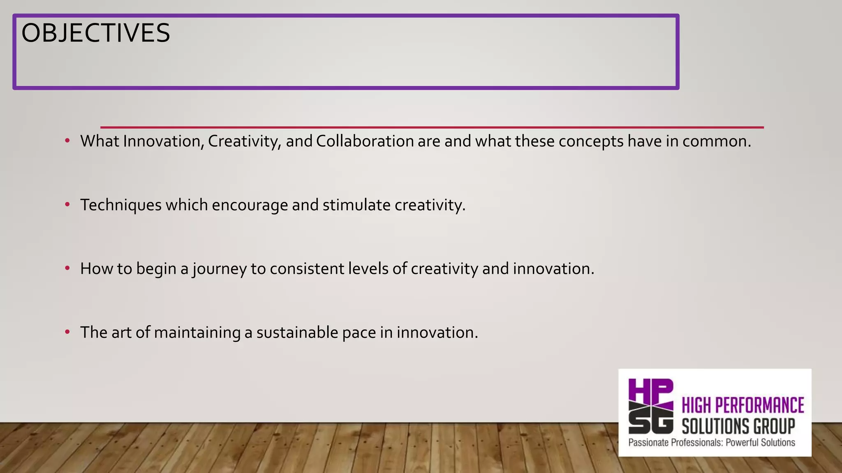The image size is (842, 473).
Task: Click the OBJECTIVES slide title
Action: (95, 33)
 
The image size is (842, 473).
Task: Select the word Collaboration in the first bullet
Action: (365, 141)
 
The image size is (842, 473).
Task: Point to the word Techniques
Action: (121, 205)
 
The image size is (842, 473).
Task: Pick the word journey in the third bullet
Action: (220, 269)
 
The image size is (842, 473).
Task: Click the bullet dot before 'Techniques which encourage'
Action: (67, 204)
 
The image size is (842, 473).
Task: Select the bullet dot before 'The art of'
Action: (67, 332)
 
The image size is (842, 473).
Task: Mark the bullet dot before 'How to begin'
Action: (67, 268)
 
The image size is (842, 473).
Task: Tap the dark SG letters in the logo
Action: (651, 422)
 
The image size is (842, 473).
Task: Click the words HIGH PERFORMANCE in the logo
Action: (743, 405)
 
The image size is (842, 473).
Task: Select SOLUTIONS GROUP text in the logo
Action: (738, 426)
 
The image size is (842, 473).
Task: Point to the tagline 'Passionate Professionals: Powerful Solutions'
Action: (712, 443)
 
